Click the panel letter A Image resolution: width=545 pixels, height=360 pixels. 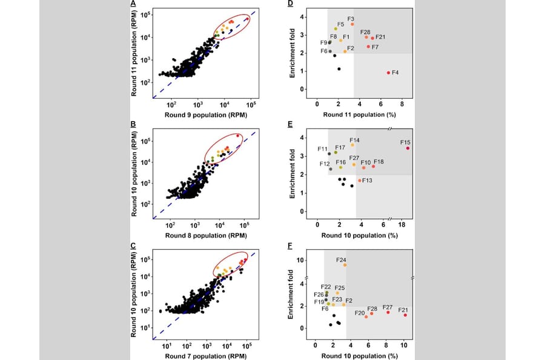point(133,4)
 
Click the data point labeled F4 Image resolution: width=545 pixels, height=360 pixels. point(389,73)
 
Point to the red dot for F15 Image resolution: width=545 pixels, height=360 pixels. point(408,148)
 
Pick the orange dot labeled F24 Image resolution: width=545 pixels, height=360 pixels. point(345,265)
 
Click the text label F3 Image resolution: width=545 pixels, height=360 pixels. point(351,19)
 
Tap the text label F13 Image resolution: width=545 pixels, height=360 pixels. point(367,181)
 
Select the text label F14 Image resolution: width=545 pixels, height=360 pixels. point(354,140)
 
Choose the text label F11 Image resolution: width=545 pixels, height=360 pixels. point(322,148)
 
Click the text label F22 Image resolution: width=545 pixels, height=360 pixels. point(326,287)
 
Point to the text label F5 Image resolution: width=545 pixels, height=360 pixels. point(341,24)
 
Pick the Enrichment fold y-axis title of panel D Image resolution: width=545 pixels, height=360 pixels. point(292,51)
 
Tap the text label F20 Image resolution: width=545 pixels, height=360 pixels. point(360,313)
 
